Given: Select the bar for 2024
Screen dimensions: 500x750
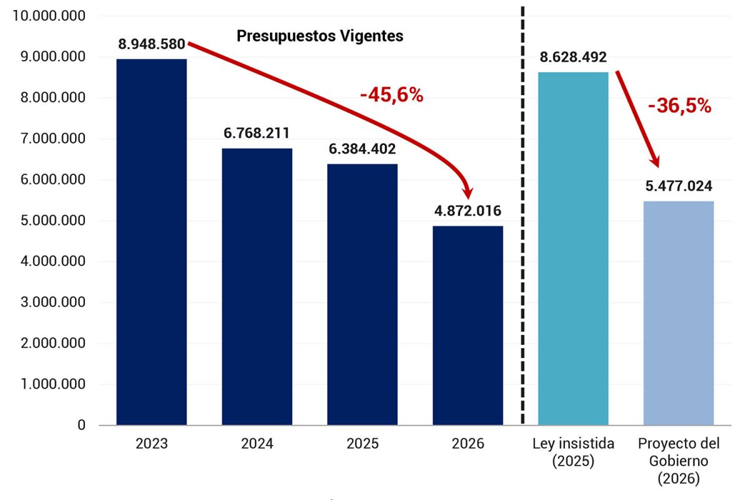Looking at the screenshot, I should [257, 287].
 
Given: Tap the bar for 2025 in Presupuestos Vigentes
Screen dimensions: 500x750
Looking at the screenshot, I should [362, 294].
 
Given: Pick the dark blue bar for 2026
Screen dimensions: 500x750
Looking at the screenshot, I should [467, 326].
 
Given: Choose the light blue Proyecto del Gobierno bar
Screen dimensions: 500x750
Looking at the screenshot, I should [679, 313].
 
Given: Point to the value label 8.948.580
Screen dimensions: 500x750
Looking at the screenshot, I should [151, 44].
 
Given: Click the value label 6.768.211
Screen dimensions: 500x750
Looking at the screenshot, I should [257, 133].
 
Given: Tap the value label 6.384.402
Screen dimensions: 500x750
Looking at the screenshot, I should [362, 149].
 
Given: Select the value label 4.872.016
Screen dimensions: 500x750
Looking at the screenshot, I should [467, 211].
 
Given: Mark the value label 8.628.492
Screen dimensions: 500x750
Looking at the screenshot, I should [573, 57].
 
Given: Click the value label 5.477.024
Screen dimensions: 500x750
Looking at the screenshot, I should [679, 186].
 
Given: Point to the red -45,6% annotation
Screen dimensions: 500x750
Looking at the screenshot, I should [391, 95].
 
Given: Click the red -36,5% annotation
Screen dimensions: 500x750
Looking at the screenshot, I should [679, 106].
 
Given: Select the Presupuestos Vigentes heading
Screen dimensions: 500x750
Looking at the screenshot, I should [319, 36].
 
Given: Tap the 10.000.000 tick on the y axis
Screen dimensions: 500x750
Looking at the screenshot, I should [49, 16].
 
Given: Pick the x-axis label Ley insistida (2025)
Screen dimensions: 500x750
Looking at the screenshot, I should [573, 452].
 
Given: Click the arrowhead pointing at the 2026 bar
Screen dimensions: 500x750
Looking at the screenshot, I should [466, 191].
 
